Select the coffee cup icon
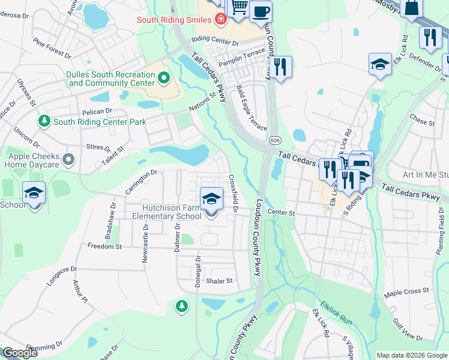tap(261, 11)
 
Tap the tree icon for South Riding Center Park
tap(44, 121)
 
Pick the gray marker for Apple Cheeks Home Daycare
tap(68, 159)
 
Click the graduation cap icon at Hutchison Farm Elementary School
tap(210, 199)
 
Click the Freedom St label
tap(105, 246)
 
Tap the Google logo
tap(20, 353)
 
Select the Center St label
tap(282, 212)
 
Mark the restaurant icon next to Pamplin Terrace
tap(279, 66)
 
